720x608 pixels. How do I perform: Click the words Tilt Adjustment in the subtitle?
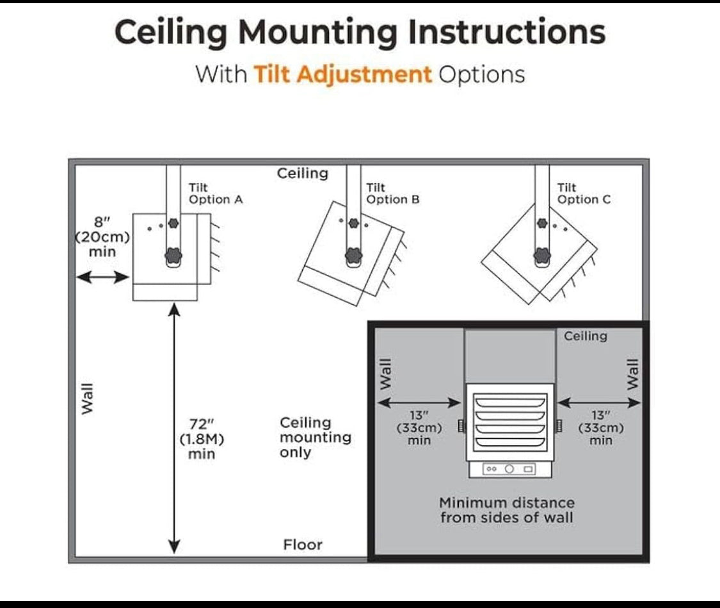pos(343,74)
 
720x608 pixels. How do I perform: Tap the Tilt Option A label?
pos(216,193)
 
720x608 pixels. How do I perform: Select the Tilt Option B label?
pos(393,193)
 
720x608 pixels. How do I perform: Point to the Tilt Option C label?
pos(584,193)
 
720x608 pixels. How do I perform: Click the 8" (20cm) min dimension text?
pos(102,237)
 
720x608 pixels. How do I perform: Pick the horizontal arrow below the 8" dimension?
pos(103,277)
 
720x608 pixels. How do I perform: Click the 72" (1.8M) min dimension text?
pos(202,439)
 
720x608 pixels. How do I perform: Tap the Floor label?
pos(303,545)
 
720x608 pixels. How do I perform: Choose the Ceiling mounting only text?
pos(316,438)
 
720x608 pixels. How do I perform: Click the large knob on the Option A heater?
pos(173,255)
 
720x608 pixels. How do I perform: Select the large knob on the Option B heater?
pos(353,255)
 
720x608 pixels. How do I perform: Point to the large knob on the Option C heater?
pos(542,255)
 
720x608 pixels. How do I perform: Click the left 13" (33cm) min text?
pos(419,428)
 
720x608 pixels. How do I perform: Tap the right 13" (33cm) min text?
pos(600,428)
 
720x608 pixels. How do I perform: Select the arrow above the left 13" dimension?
pos(419,403)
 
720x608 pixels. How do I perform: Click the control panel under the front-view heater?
pos(509,469)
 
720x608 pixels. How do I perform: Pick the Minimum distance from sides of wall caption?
pos(506,510)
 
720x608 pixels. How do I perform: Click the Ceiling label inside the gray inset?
pos(586,336)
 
